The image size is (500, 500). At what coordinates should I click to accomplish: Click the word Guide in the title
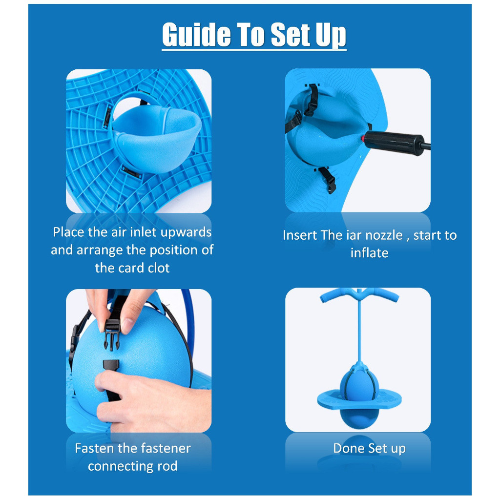(x=196, y=35)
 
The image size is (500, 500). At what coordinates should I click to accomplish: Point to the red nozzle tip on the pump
(x=363, y=138)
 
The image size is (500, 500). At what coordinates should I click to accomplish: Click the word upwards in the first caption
(x=186, y=232)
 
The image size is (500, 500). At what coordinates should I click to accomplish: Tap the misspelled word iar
(x=354, y=235)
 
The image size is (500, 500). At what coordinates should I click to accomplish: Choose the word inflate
(x=369, y=253)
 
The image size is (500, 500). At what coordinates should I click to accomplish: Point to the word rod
(x=167, y=466)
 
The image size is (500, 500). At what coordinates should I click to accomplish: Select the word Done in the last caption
(x=349, y=448)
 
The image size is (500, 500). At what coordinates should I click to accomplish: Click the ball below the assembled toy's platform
(x=359, y=418)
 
